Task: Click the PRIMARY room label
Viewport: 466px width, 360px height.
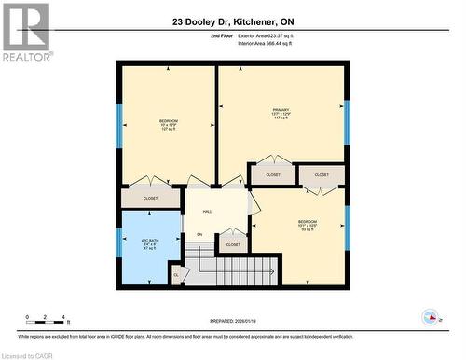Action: [x=281, y=114]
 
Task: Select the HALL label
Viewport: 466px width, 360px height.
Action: [x=207, y=212]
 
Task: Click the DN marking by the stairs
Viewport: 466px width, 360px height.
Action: [x=199, y=234]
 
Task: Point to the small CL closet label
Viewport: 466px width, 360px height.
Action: [x=176, y=274]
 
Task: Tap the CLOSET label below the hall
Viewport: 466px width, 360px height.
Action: [x=233, y=244]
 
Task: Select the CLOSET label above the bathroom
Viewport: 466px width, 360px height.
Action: [x=150, y=198]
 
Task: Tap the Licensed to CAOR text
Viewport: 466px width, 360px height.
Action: [x=30, y=354]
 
